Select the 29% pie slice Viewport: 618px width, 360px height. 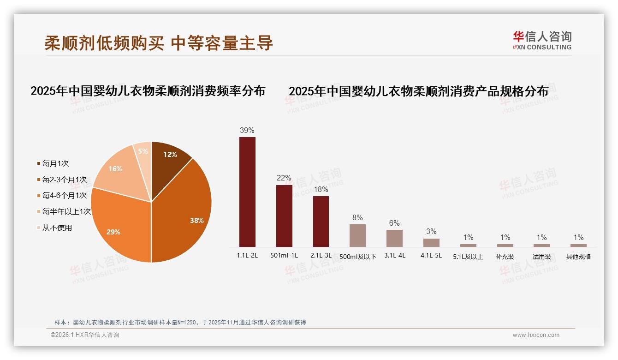point(120,226)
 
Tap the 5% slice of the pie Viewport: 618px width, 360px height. point(143,152)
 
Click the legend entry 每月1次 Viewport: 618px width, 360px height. point(55,163)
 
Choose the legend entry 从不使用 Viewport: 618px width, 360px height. point(57,228)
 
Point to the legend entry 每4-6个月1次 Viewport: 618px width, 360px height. point(64,196)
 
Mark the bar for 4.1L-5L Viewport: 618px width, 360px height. point(431,242)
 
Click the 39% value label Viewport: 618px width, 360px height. point(247,130)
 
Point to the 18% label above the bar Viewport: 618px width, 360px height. point(321,189)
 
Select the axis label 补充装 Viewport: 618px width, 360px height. point(505,257)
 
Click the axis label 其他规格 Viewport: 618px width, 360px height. point(578,257)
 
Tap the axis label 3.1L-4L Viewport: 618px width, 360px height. point(394,255)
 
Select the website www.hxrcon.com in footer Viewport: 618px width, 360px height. point(536,335)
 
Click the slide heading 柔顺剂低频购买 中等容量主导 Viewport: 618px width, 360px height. point(159,43)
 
